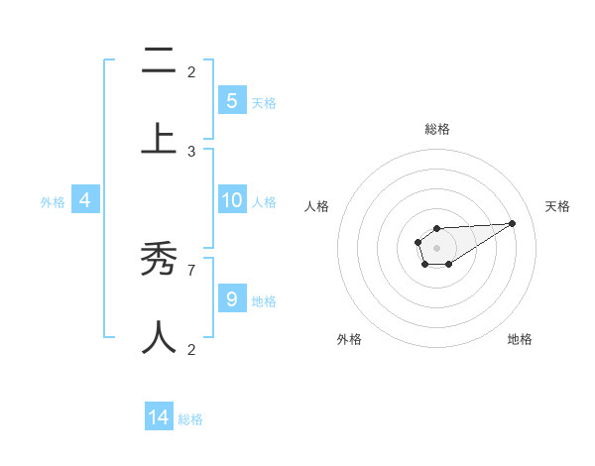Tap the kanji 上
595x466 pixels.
click(159, 138)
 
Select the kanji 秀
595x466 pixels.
click(159, 262)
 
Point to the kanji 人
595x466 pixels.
click(159, 336)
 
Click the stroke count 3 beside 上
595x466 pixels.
click(191, 151)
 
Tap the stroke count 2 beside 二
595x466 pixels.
click(191, 71)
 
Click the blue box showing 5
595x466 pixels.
click(232, 100)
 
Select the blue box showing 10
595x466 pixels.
click(232, 200)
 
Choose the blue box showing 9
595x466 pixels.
click(232, 298)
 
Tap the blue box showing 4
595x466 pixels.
click(85, 200)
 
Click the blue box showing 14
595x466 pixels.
click(159, 417)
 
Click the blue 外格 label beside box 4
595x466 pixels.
click(53, 202)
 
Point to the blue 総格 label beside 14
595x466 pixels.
click(190, 419)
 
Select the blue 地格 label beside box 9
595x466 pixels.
click(264, 300)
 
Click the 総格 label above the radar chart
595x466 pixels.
click(436, 129)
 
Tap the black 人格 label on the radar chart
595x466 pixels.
click(317, 206)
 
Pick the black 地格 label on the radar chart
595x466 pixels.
click(520, 339)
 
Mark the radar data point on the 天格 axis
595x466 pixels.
click(513, 222)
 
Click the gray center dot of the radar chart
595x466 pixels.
click(436, 247)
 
